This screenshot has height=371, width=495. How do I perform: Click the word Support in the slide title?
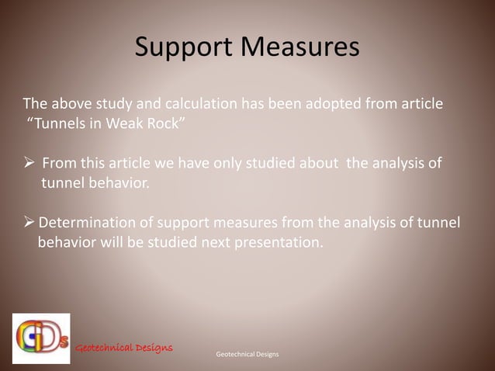(x=180, y=48)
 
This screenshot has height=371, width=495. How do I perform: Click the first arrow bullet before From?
(x=29, y=164)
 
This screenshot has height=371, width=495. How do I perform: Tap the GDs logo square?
(x=40, y=338)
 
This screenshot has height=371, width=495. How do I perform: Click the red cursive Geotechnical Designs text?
(x=123, y=346)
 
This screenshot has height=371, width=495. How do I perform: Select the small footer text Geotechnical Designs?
(x=247, y=354)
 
